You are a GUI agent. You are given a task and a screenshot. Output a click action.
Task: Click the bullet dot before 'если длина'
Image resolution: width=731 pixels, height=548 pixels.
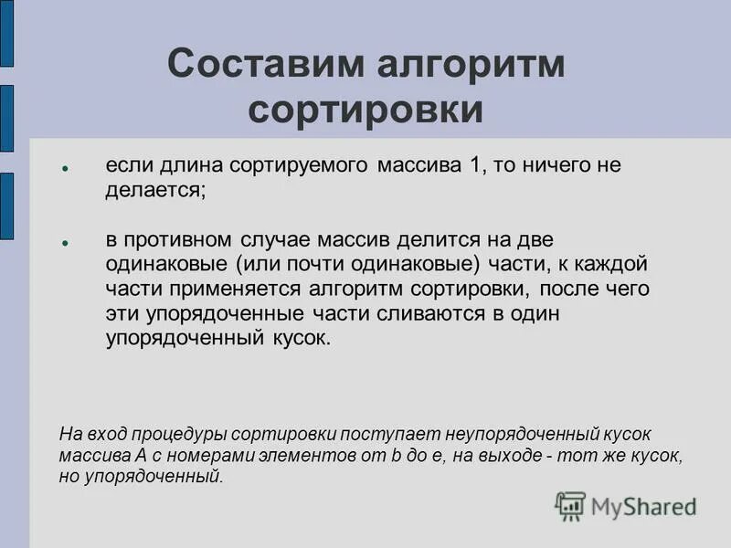pyautogui.click(x=66, y=170)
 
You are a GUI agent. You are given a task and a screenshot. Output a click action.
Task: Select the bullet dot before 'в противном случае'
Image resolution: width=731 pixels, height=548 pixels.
pyautogui.click(x=66, y=244)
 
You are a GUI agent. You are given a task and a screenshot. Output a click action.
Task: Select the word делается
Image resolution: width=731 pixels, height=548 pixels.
pyautogui.click(x=154, y=191)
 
